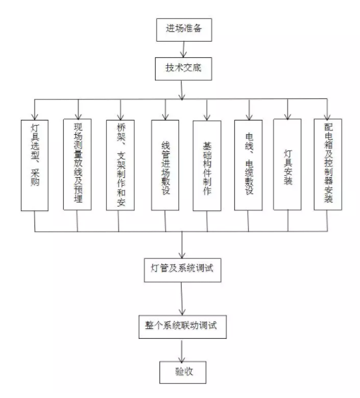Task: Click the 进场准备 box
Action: [184, 30]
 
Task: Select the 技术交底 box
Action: [184, 69]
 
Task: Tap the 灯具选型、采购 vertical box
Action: [35, 165]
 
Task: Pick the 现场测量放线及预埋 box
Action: [77, 164]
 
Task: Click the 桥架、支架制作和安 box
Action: [120, 165]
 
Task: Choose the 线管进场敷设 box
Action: [165, 165]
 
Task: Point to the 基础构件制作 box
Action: [207, 165]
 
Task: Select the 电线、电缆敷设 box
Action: [249, 165]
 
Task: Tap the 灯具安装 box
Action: [288, 164]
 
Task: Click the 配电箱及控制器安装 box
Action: [328, 164]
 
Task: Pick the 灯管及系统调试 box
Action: [182, 270]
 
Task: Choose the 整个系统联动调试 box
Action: [182, 327]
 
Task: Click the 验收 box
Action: [183, 372]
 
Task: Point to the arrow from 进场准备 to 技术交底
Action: [183, 50]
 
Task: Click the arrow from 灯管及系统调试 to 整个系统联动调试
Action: [182, 298]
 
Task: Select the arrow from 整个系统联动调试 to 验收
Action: [182, 350]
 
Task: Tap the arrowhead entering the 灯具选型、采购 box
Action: [35, 117]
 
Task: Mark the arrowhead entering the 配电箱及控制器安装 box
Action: [327, 116]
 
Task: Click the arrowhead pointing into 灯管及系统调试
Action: [182, 255]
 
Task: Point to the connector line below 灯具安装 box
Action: [288, 221]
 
